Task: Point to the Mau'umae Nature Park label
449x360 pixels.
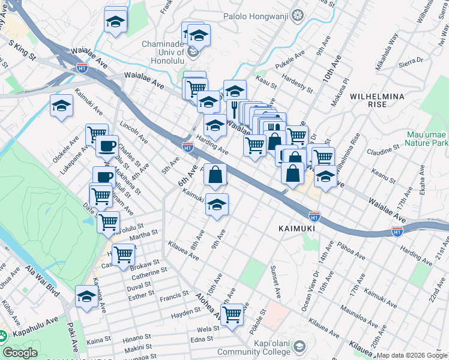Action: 427,139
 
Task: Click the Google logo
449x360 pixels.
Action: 20,353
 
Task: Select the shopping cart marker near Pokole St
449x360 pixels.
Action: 232,313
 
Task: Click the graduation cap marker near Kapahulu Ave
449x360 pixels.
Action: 86,296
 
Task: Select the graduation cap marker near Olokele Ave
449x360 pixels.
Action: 61,106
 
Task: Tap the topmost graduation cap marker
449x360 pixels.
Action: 115,21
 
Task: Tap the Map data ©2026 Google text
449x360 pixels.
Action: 412,355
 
